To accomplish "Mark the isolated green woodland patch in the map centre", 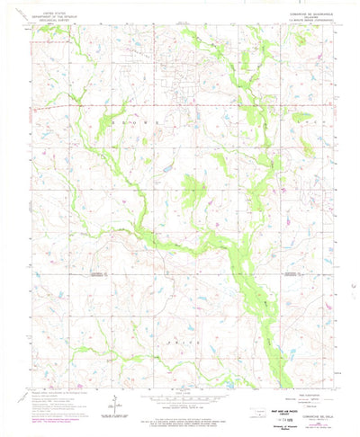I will [x=192, y=189].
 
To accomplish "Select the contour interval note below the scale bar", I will [x=180, y=409].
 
